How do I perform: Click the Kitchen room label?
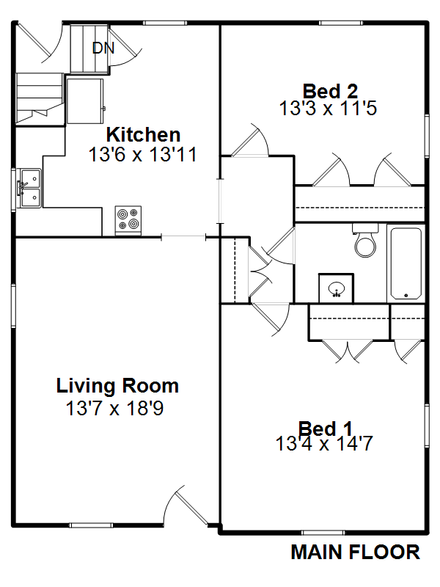click(x=143, y=135)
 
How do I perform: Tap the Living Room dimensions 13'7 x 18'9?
click(x=115, y=409)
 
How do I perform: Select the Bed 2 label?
click(x=330, y=91)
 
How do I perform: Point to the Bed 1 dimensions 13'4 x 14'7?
click(x=324, y=444)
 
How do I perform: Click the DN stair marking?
click(x=103, y=48)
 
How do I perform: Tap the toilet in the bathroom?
click(x=365, y=241)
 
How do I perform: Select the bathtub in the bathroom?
click(x=406, y=263)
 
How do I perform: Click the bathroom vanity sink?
click(x=336, y=288)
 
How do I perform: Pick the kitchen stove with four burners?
click(x=128, y=220)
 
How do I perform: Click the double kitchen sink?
click(x=31, y=188)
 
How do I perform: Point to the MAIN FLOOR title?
click(x=356, y=553)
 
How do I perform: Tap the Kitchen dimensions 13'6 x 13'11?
click(x=142, y=155)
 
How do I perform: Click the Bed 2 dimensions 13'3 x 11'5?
click(x=328, y=109)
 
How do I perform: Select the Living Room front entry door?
click(x=186, y=506)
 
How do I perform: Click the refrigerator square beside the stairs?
click(x=85, y=101)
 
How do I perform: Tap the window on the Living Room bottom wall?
click(x=91, y=525)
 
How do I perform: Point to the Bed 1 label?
click(x=325, y=429)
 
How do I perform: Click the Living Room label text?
click(x=117, y=386)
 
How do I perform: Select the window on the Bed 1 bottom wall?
click(x=323, y=533)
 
